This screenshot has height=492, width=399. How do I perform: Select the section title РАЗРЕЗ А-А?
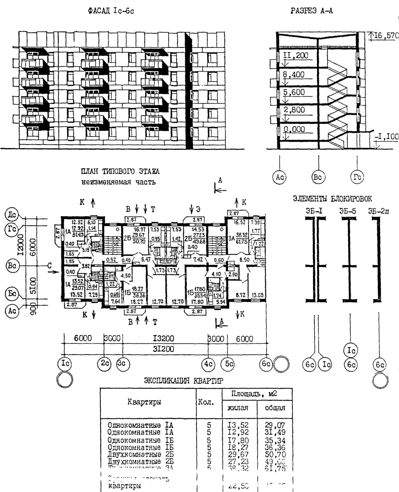pos(312,11)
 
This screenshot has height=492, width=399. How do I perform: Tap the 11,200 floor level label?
pos(296,56)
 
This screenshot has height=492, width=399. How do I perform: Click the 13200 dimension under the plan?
pos(165,339)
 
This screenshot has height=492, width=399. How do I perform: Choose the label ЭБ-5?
pos(347,211)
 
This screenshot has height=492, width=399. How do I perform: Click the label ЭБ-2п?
pos(378,211)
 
